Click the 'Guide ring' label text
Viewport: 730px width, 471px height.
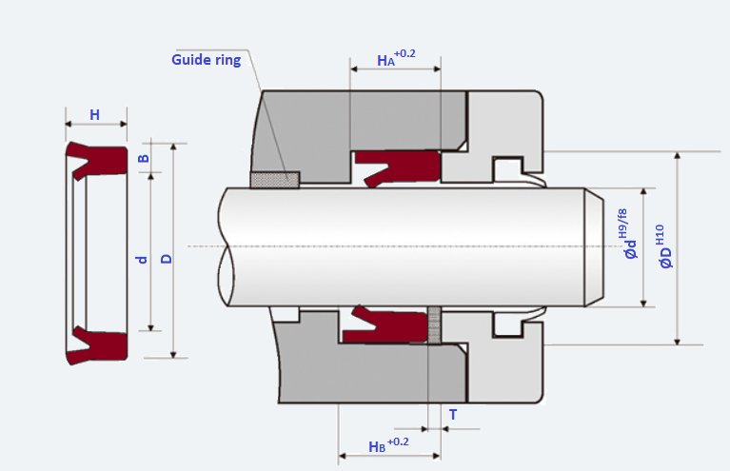206,60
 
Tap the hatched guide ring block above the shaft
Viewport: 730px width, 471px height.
274,179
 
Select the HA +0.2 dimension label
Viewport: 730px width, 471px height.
395,58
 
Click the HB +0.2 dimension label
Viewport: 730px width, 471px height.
387,444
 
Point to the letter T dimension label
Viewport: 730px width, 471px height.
452,415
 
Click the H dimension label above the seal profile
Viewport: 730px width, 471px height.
94,115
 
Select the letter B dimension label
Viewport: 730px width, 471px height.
143,158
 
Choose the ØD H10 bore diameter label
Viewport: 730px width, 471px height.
664,246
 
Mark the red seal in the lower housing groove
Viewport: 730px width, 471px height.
390,326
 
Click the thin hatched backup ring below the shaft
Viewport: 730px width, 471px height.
434,325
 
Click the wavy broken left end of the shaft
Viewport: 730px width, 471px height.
225,247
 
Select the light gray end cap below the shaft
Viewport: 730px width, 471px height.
504,366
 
